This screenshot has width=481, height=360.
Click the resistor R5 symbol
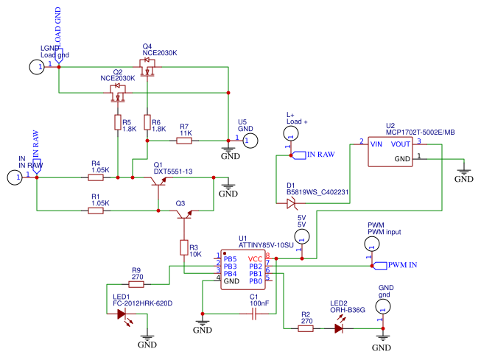(117, 121)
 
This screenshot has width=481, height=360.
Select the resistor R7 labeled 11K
(184, 140)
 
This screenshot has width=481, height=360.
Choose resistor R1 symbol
(96, 211)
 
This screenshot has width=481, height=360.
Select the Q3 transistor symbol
(182, 214)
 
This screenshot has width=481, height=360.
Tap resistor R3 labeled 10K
(183, 247)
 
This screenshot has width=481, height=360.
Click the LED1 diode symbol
(122, 314)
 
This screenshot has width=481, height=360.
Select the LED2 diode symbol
(339, 329)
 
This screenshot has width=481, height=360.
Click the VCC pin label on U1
(255, 259)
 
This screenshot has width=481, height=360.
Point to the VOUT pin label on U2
(400, 144)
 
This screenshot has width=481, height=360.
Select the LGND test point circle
(37, 67)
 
